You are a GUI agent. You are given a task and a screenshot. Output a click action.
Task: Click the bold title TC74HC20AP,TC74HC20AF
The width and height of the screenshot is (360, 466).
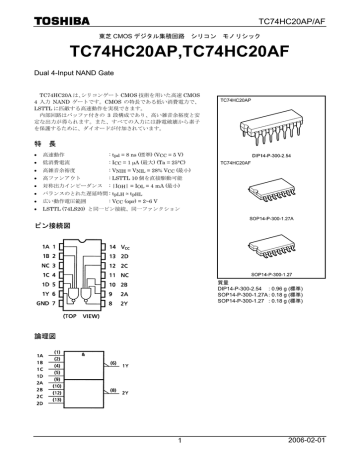tap(180, 49)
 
